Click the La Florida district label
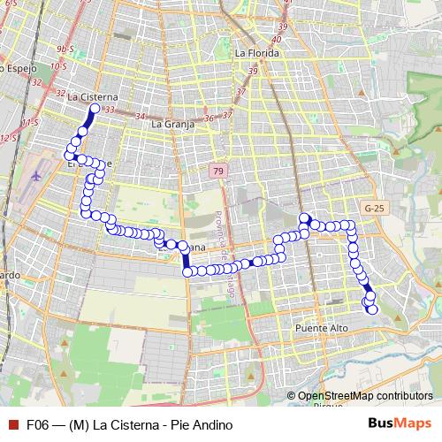[257, 53]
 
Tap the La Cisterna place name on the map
[92, 96]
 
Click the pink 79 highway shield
[217, 170]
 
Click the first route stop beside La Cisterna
[95, 109]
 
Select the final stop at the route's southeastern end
[372, 309]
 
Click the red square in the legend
[11, 424]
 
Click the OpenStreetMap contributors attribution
[366, 396]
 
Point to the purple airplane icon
[34, 173]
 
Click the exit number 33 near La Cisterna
[109, 110]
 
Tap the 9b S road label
[65, 49]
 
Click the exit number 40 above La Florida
[277, 39]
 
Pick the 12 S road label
[8, 138]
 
